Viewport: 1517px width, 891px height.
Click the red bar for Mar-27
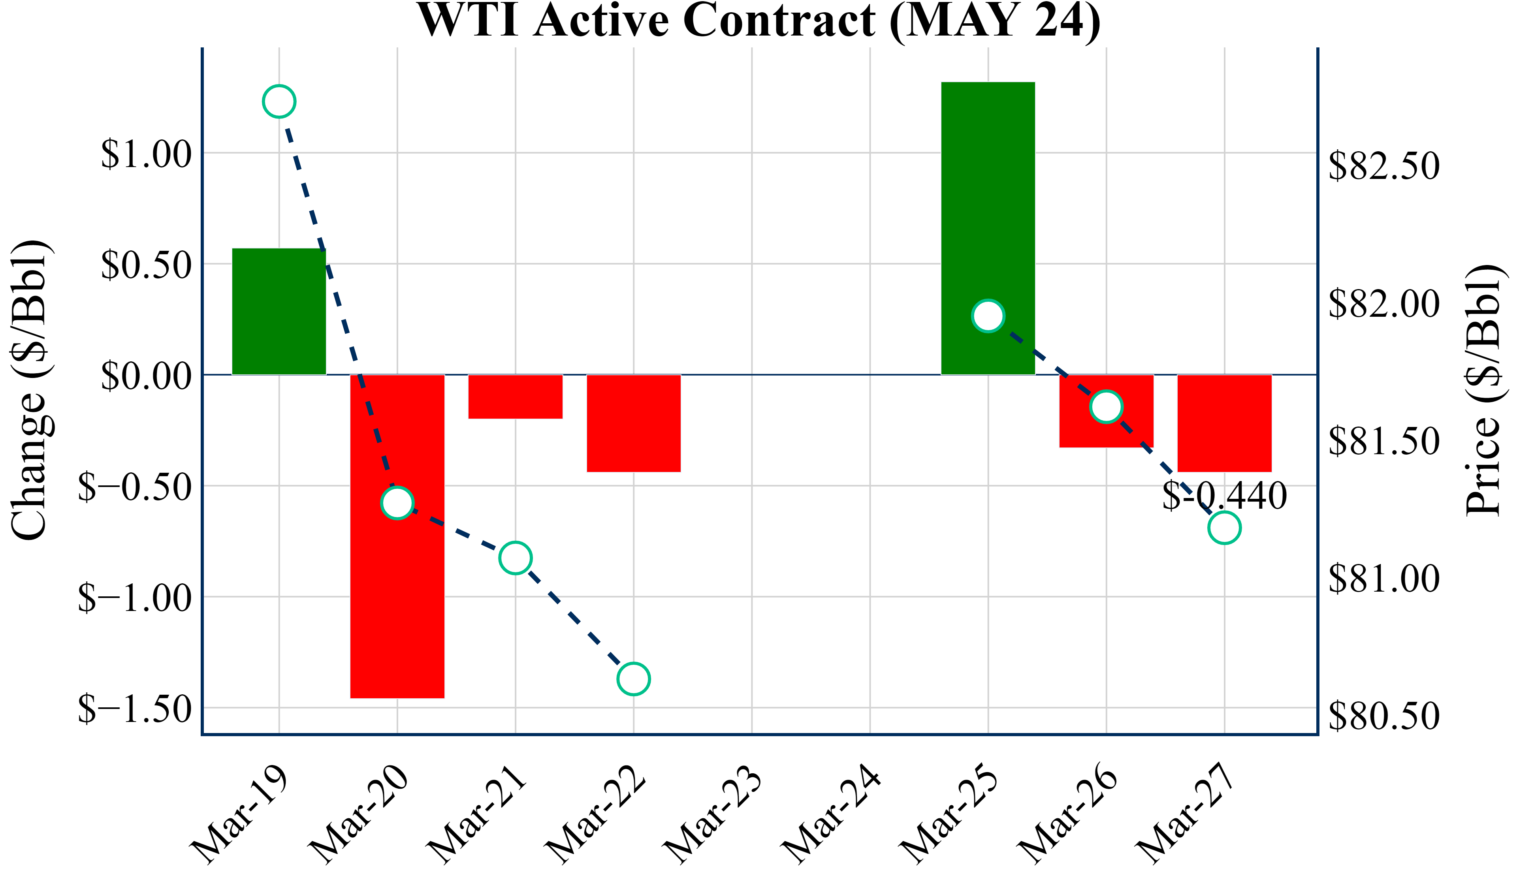tap(1224, 423)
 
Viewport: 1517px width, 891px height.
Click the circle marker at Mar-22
tap(633, 679)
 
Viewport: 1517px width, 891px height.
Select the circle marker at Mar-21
tap(515, 558)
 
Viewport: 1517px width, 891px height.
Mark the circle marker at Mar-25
tap(988, 316)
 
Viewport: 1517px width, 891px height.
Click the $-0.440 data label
tap(1224, 496)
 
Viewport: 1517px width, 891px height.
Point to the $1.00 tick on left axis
tap(146, 154)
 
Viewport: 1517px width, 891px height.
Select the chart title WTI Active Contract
tap(758, 21)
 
